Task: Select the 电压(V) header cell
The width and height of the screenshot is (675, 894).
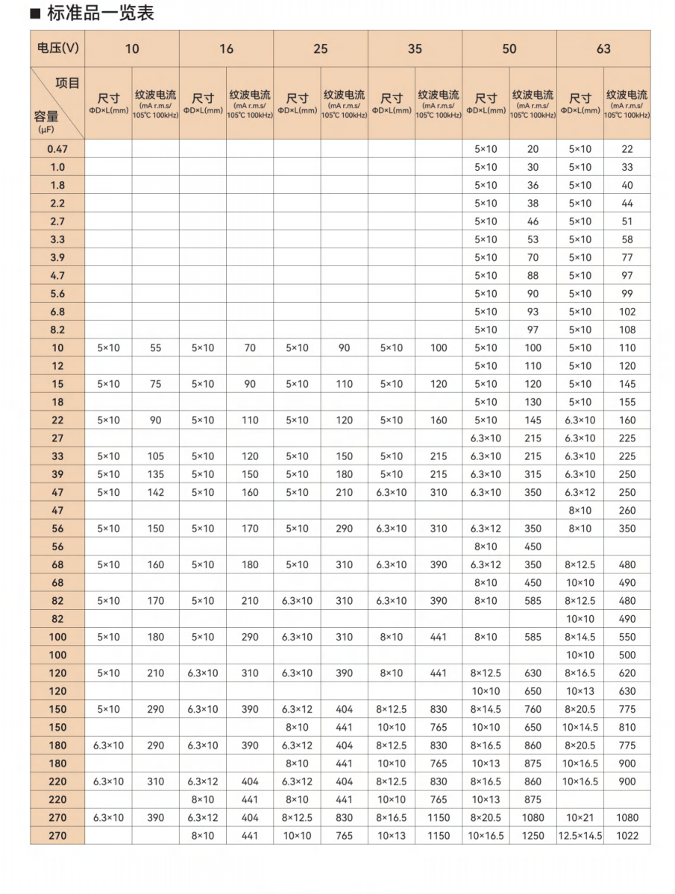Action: pyautogui.click(x=57, y=48)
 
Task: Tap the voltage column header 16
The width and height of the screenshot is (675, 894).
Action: pyautogui.click(x=226, y=48)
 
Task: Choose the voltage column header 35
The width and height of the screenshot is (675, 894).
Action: pyautogui.click(x=415, y=48)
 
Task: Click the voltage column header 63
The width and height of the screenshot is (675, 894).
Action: pyautogui.click(x=603, y=48)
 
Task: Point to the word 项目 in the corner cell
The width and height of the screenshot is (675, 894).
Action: pyautogui.click(x=67, y=83)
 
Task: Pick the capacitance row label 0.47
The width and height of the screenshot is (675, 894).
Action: pyautogui.click(x=57, y=149)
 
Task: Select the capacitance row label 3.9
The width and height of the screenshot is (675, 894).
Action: pyautogui.click(x=57, y=257)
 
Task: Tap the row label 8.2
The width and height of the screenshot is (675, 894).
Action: pyautogui.click(x=57, y=330)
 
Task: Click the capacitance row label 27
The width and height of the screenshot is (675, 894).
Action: pyautogui.click(x=57, y=438)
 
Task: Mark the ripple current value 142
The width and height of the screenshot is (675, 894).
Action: pyautogui.click(x=155, y=492)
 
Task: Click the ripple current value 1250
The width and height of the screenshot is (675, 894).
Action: pyautogui.click(x=533, y=836)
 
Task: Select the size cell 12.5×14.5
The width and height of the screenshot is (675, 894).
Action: pyautogui.click(x=580, y=836)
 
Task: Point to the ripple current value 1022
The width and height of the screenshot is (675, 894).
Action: pyautogui.click(x=627, y=836)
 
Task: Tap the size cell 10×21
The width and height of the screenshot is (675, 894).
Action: pyautogui.click(x=580, y=818)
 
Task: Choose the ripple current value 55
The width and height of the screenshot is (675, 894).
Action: pyautogui.click(x=155, y=347)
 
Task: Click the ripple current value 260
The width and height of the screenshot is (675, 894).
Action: pyautogui.click(x=627, y=510)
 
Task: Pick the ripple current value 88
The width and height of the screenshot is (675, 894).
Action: pyautogui.click(x=533, y=275)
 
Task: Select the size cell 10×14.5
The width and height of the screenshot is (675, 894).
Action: pyautogui.click(x=580, y=727)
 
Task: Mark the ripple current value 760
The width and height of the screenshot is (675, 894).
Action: pyautogui.click(x=533, y=709)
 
